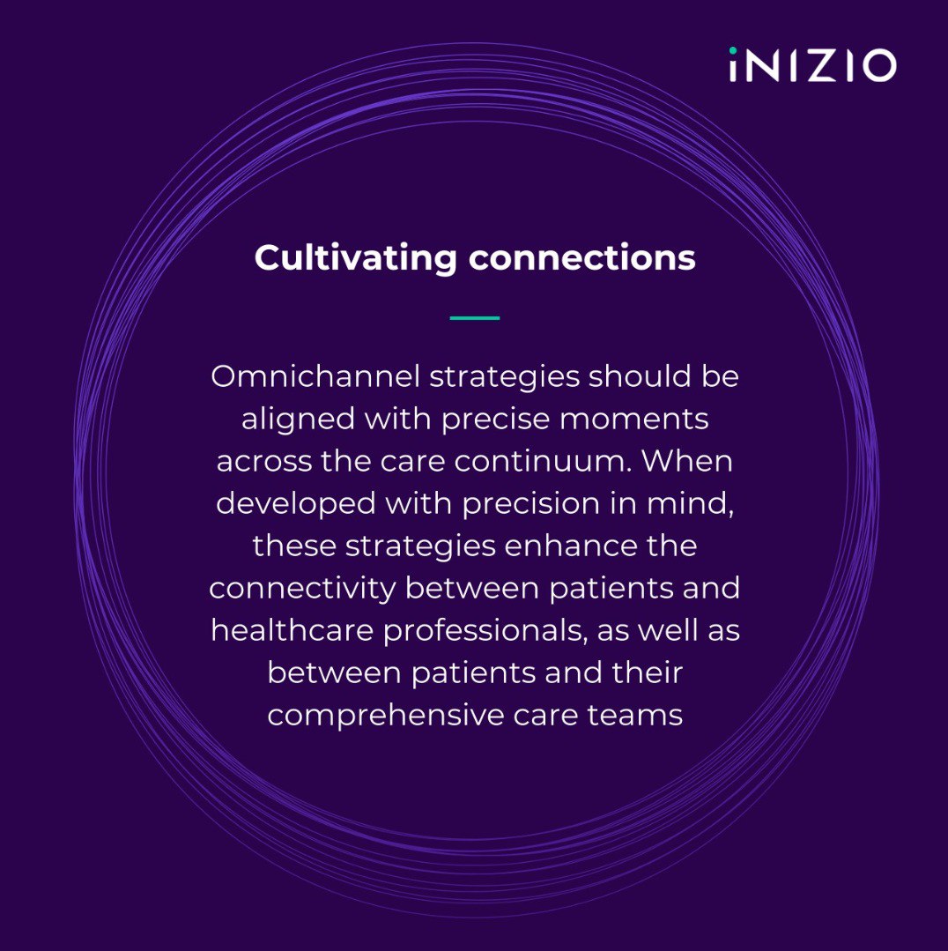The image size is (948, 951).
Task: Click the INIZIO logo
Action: coord(813,64)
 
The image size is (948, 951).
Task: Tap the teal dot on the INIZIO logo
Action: coord(733,50)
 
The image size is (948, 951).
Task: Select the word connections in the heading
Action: coord(581,257)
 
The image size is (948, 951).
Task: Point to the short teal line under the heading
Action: coord(475,318)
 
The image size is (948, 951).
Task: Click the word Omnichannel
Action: coord(315,376)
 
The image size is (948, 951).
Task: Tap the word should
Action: coord(641,376)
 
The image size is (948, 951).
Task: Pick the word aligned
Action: coord(298,420)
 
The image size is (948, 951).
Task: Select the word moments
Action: coord(634,420)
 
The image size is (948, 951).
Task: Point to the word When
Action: coord(687,461)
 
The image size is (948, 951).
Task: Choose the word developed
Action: coord(296,503)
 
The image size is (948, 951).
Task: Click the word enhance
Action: coord(570,546)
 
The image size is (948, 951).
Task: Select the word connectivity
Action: coord(302,588)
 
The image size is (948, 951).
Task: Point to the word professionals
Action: coord(485,631)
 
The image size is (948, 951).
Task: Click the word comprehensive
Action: coord(386,715)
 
